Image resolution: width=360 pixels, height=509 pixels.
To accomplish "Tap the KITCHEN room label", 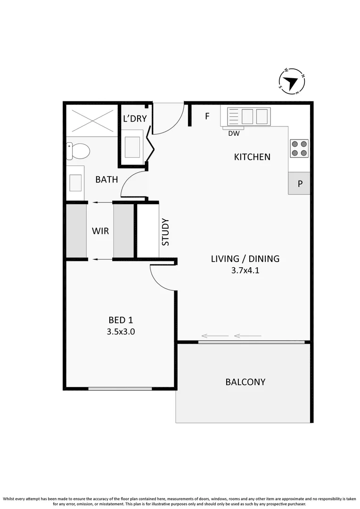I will (x=252, y=157).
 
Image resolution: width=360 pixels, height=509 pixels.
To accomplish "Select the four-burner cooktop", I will (x=299, y=148).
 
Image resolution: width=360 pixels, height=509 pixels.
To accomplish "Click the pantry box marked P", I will (x=300, y=184).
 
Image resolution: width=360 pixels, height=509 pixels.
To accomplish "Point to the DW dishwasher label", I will (x=234, y=134).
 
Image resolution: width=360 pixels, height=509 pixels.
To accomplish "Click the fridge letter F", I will (x=207, y=116).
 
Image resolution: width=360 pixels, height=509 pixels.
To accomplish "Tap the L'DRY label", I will (x=135, y=119).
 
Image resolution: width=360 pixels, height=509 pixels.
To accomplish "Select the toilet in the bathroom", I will (x=79, y=151).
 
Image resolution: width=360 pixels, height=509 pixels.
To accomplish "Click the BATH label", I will (x=106, y=180).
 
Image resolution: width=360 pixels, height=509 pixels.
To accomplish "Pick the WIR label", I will (x=100, y=231).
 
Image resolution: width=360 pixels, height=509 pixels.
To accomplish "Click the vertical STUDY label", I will (x=165, y=232).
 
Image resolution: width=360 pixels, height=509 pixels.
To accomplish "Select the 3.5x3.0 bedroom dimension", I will (x=121, y=331).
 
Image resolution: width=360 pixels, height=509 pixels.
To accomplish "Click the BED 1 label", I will (x=121, y=320).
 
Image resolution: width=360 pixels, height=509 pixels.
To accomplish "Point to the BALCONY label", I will (x=245, y=382).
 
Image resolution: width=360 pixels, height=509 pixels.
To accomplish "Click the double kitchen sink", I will (x=249, y=116).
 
